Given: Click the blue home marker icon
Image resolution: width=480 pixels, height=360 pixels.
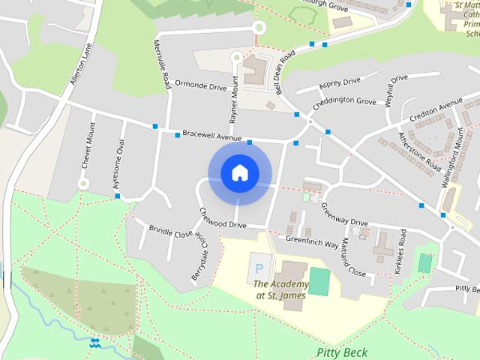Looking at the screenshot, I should [x=240, y=173].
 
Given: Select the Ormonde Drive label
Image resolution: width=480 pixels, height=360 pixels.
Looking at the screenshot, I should [x=200, y=86].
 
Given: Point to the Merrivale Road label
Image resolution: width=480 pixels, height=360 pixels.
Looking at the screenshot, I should [x=161, y=65].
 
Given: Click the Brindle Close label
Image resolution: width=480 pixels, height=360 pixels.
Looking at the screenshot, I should [x=170, y=233].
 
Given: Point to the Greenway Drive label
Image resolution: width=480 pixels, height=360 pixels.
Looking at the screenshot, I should [x=344, y=212].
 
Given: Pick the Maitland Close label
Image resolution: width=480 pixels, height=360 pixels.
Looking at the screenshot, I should [x=354, y=259].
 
